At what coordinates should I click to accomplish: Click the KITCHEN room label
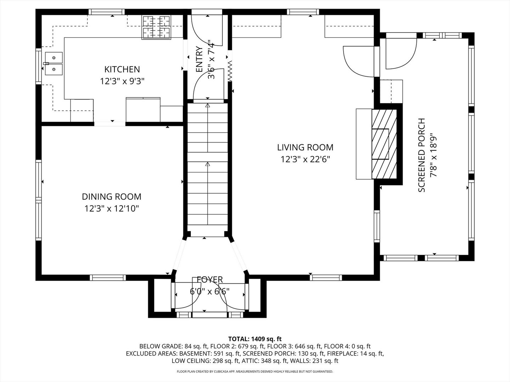(x=122, y=69)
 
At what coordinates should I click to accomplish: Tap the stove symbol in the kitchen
(x=156, y=27)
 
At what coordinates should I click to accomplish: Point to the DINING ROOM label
(x=112, y=197)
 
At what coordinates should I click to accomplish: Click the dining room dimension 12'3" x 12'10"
(x=112, y=209)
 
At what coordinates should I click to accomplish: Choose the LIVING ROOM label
(x=305, y=147)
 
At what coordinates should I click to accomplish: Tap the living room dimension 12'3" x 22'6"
(x=305, y=160)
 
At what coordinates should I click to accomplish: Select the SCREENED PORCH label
(x=421, y=155)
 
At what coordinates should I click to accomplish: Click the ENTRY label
(x=199, y=59)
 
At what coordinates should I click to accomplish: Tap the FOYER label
(x=210, y=280)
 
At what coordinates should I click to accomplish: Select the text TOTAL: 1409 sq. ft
(x=255, y=339)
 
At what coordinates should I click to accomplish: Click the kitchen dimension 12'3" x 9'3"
(x=122, y=81)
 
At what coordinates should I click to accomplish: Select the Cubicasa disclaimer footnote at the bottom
(x=255, y=371)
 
